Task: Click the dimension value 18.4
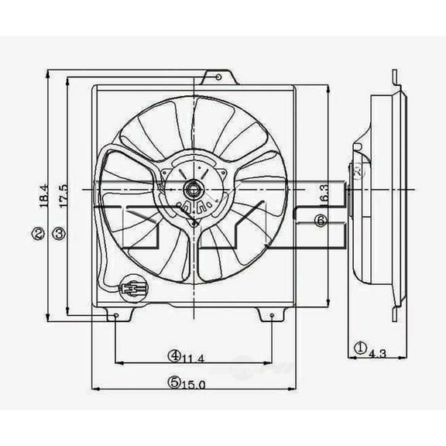[44, 197]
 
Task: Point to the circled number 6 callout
[321, 221]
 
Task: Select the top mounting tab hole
[218, 77]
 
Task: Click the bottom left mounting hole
[115, 316]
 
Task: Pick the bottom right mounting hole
[273, 316]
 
